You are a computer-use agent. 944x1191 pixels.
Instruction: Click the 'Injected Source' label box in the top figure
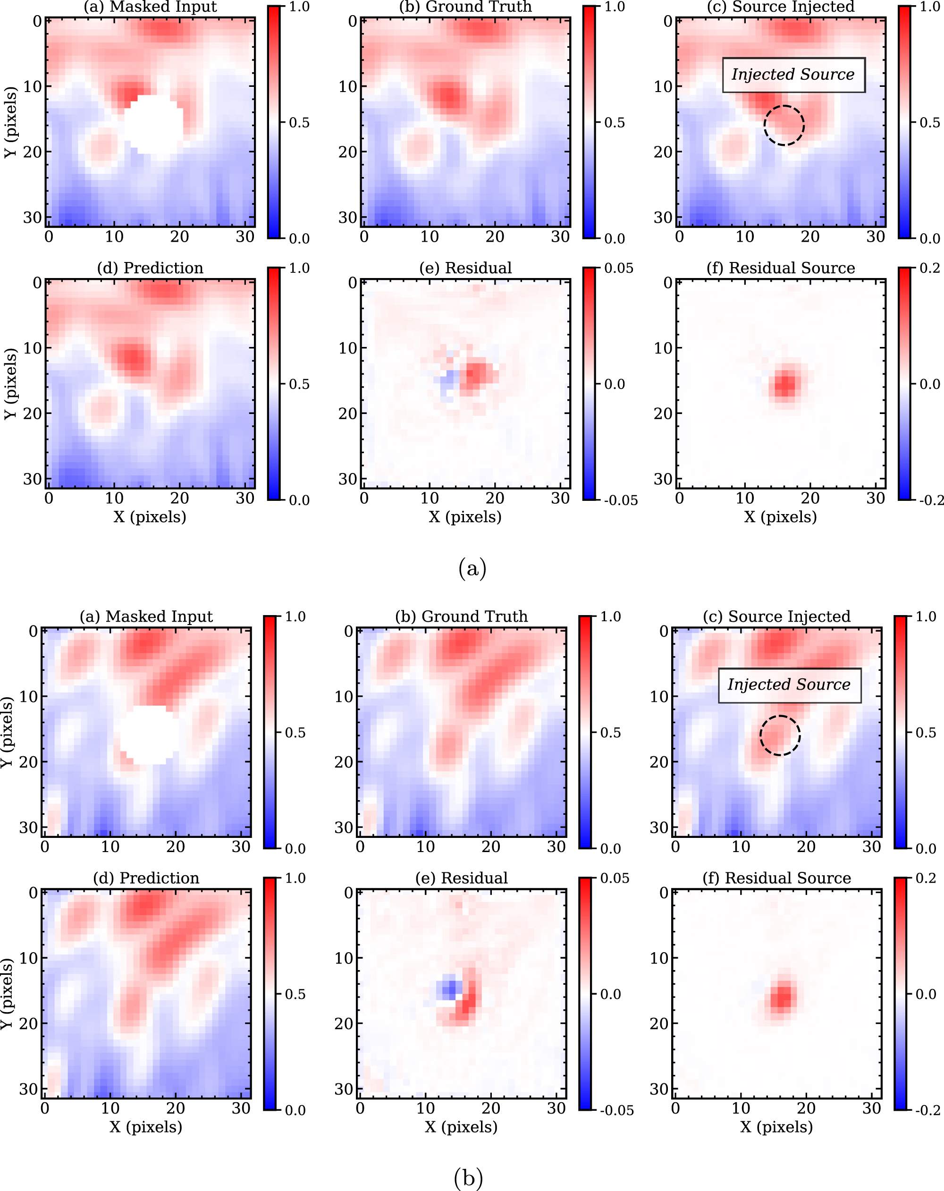(793, 75)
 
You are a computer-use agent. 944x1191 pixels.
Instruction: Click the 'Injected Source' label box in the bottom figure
(789, 685)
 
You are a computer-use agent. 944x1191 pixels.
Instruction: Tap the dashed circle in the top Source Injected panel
(784, 126)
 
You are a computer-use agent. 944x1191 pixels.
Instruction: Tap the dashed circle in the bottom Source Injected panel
(779, 735)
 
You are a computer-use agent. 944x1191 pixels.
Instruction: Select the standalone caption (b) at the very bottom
(468, 1178)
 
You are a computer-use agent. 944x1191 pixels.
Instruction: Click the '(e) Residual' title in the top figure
(465, 268)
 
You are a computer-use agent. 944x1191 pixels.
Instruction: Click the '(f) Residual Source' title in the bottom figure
(776, 878)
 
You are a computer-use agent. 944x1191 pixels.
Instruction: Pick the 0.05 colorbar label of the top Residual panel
(619, 269)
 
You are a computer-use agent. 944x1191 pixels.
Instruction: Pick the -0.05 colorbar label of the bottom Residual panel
(616, 1111)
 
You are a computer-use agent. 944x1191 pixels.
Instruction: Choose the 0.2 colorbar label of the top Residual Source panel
(930, 269)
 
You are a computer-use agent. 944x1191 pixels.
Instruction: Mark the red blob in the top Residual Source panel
(785, 384)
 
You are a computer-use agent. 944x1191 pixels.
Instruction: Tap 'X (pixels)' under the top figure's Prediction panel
(150, 517)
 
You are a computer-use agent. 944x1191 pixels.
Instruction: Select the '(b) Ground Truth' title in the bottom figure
(461, 617)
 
